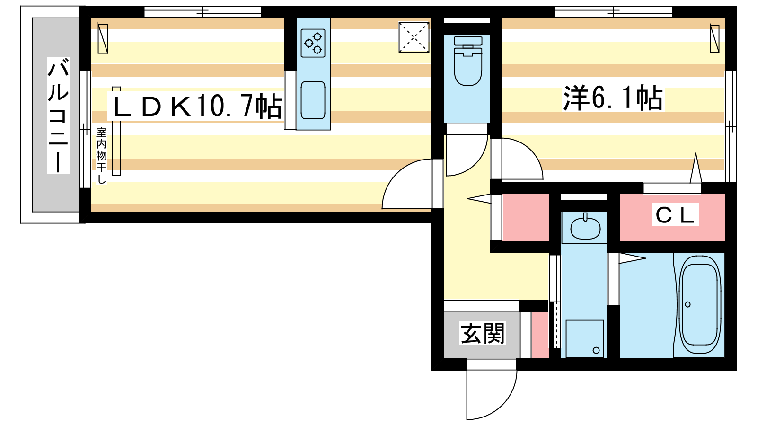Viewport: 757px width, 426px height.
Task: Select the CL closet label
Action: pyautogui.click(x=675, y=215)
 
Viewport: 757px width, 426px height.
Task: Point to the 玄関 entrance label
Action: pyautogui.click(x=483, y=333)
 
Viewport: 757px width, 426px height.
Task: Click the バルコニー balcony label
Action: pyautogui.click(x=59, y=115)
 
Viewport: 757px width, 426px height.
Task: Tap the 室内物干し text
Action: pyautogui.click(x=101, y=156)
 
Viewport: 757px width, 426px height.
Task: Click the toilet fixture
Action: pyautogui.click(x=468, y=61)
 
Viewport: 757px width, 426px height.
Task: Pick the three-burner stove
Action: pyautogui.click(x=313, y=43)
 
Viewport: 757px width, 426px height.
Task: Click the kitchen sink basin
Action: pyautogui.click(x=313, y=100)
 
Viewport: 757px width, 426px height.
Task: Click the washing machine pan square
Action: pyautogui.click(x=585, y=338)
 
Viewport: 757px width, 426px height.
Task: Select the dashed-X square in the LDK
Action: pyautogui.click(x=414, y=37)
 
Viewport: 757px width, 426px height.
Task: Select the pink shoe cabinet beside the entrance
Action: pyautogui.click(x=540, y=335)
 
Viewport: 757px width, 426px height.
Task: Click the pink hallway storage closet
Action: pyautogui.click(x=526, y=217)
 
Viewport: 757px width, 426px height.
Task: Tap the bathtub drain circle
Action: pyautogui.click(x=688, y=304)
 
